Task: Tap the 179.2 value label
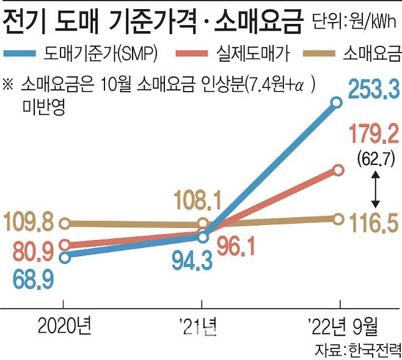coord(375,133)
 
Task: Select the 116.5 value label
coord(375,224)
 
